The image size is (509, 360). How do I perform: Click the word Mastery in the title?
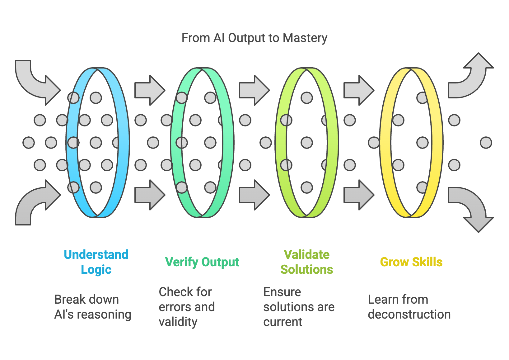click(305, 38)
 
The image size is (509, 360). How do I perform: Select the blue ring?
click(123, 143)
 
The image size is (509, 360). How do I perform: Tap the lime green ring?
click(332, 143)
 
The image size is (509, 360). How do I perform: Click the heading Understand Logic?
click(96, 262)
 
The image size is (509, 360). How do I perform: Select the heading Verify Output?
click(202, 262)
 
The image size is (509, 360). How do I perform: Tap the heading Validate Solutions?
click(307, 262)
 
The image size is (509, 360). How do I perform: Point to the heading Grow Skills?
click(411, 262)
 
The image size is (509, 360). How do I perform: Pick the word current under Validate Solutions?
click(283, 322)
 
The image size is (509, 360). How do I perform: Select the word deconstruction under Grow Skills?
click(409, 315)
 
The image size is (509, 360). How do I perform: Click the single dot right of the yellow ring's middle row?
click(486, 143)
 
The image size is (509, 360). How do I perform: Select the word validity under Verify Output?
click(178, 322)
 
